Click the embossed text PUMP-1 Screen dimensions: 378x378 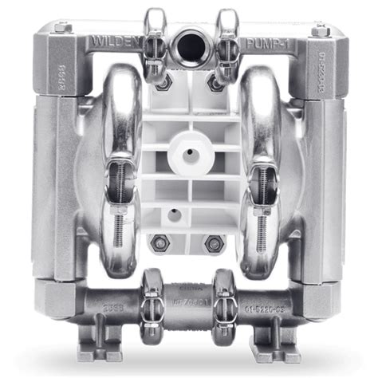(x=266, y=41)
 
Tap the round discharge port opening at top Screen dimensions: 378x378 (x=191, y=41)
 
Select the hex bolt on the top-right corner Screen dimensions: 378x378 (x=320, y=30)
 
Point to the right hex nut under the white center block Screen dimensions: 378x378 (x=212, y=243)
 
